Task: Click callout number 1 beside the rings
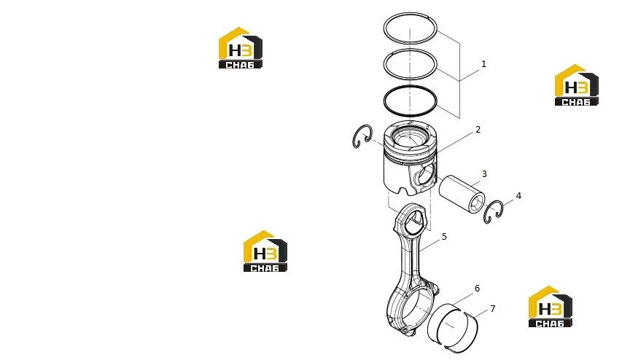pyautogui.click(x=483, y=64)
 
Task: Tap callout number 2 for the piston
pyautogui.click(x=478, y=130)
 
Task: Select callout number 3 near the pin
pyautogui.click(x=484, y=174)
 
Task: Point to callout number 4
pyautogui.click(x=518, y=196)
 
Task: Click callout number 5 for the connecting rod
pyautogui.click(x=444, y=237)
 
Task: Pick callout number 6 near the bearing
pyautogui.click(x=477, y=289)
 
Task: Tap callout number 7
pyautogui.click(x=493, y=309)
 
